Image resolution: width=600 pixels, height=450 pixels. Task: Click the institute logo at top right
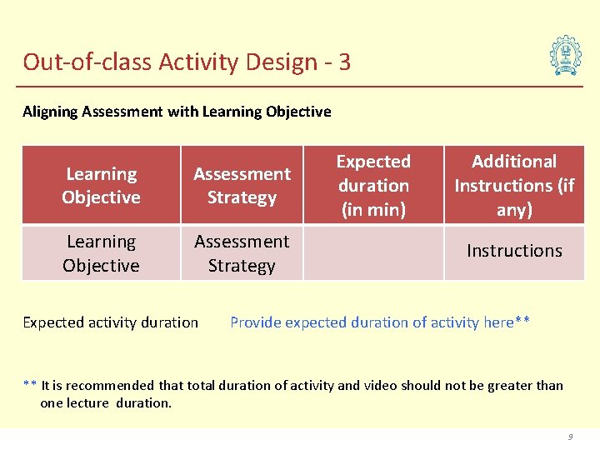tap(566, 57)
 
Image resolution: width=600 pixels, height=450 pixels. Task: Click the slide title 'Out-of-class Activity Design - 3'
tap(187, 62)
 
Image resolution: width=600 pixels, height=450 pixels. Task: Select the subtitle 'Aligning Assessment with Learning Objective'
tap(177, 112)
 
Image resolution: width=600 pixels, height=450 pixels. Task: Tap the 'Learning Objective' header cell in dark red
tap(101, 185)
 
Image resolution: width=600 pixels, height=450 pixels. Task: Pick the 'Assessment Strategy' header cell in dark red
tap(242, 185)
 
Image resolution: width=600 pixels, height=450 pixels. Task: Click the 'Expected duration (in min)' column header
tap(372, 185)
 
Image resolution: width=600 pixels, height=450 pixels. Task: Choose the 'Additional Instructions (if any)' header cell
tap(514, 185)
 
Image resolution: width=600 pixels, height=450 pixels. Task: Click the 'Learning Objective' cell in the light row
tap(101, 253)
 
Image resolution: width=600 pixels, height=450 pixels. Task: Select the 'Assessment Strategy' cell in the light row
tap(242, 253)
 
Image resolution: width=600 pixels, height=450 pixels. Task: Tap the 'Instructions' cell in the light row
tap(514, 251)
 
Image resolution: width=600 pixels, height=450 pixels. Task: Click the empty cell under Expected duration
tap(372, 253)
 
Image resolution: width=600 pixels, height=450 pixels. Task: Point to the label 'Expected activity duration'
tap(111, 322)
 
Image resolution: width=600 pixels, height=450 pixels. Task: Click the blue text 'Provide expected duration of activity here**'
tap(380, 322)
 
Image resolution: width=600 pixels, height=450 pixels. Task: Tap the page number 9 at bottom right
tap(571, 437)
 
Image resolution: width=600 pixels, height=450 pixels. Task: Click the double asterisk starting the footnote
tap(29, 385)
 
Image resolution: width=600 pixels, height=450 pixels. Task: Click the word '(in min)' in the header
tap(373, 209)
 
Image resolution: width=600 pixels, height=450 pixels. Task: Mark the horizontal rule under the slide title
tap(300, 86)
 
